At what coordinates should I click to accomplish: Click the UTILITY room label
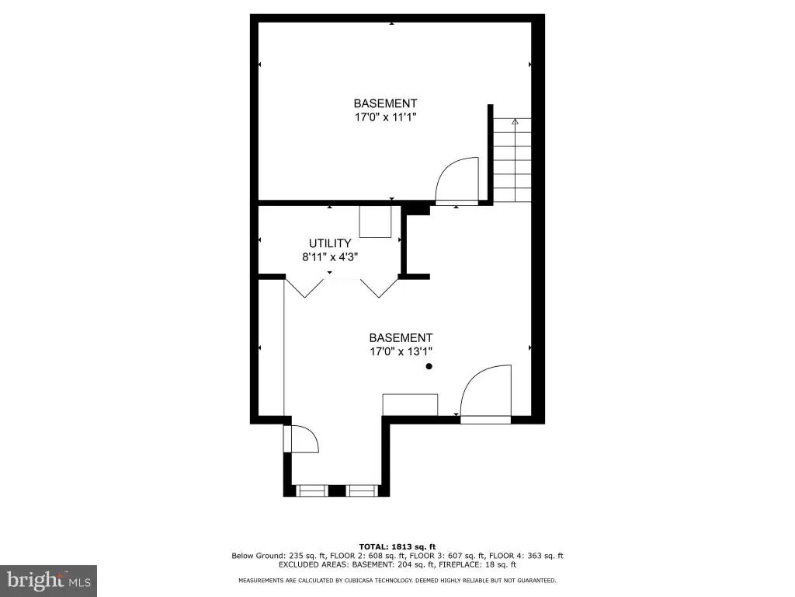pyautogui.click(x=330, y=243)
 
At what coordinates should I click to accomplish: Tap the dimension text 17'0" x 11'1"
pyautogui.click(x=385, y=117)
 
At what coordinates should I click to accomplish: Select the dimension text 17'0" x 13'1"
pyautogui.click(x=401, y=351)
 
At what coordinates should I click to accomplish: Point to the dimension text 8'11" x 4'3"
pyautogui.click(x=330, y=257)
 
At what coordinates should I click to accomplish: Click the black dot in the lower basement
pyautogui.click(x=429, y=366)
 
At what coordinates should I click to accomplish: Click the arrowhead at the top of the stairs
pyautogui.click(x=516, y=121)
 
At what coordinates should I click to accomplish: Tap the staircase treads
pyautogui.click(x=512, y=160)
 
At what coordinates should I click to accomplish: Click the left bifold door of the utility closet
pyautogui.click(x=304, y=288)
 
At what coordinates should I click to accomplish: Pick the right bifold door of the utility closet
pyautogui.click(x=379, y=288)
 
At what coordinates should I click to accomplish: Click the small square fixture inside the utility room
pyautogui.click(x=375, y=222)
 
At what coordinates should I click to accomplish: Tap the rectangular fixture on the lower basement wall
pyautogui.click(x=410, y=404)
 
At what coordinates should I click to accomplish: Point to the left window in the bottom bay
pyautogui.click(x=312, y=491)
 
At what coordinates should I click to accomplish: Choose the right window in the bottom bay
pyautogui.click(x=362, y=491)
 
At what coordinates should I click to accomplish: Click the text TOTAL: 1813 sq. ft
pyautogui.click(x=397, y=546)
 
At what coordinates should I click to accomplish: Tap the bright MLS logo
pyautogui.click(x=48, y=580)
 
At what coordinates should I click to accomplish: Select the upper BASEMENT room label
pyautogui.click(x=385, y=103)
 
